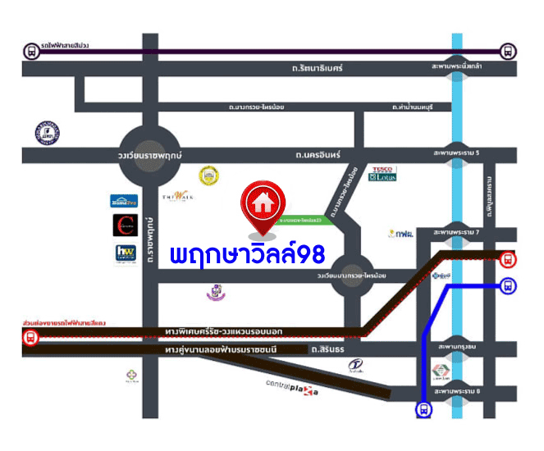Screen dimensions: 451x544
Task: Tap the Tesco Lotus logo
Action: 383,174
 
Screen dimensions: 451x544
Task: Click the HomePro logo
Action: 123,201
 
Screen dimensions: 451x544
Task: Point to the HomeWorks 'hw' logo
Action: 125,254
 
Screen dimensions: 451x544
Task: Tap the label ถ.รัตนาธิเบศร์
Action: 311,69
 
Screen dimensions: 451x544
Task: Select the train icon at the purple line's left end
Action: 32,52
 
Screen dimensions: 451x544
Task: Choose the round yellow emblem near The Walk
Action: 208,175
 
